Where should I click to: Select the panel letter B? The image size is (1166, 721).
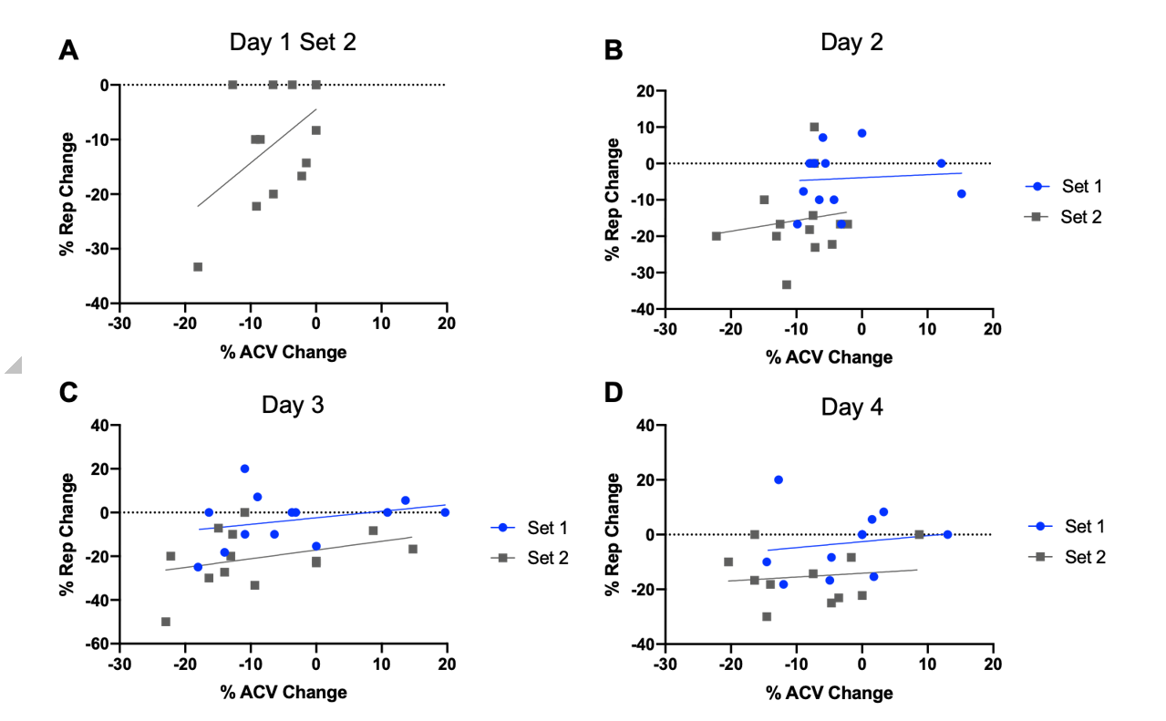[614, 51]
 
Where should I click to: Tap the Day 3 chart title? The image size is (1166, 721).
[294, 404]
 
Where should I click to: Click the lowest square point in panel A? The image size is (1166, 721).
[198, 267]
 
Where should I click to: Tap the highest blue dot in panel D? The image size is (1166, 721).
[779, 479]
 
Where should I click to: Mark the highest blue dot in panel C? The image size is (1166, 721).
[244, 469]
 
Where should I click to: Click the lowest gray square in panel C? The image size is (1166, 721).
[166, 622]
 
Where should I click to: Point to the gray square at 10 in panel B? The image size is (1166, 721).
[814, 127]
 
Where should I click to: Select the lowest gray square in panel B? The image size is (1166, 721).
[786, 284]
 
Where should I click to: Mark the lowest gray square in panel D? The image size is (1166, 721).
[767, 616]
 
